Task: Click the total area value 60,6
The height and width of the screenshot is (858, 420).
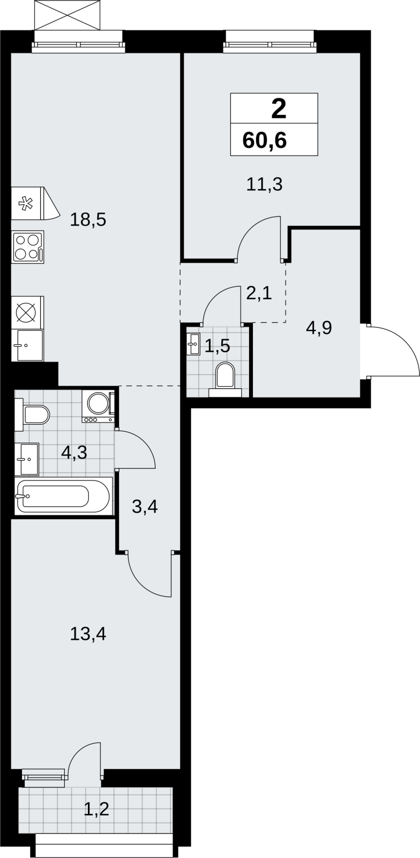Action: pyautogui.click(x=264, y=140)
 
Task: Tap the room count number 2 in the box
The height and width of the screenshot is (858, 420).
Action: pyautogui.click(x=279, y=108)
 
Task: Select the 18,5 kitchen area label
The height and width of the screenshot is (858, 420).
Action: pyautogui.click(x=88, y=220)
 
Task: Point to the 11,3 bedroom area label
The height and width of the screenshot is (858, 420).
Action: pyautogui.click(x=264, y=184)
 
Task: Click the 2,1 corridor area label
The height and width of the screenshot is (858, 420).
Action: pyautogui.click(x=259, y=294)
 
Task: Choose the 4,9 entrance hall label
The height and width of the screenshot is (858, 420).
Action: pyautogui.click(x=319, y=328)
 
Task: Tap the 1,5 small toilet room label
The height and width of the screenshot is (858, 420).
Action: pyautogui.click(x=217, y=346)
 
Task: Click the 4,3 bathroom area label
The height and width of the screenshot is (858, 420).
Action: pyautogui.click(x=74, y=453)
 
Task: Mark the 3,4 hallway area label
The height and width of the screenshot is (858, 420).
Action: pyautogui.click(x=145, y=507)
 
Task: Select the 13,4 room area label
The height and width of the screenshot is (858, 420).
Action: pyautogui.click(x=88, y=634)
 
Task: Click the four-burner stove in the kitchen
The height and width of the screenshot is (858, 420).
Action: pyautogui.click(x=27, y=247)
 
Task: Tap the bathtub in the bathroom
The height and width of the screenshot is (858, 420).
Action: pyautogui.click(x=64, y=496)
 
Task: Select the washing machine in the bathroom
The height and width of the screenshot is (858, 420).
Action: pyautogui.click(x=99, y=406)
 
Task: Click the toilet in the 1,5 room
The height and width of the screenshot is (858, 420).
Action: pyautogui.click(x=225, y=379)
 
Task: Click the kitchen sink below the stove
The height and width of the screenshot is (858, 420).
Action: pyautogui.click(x=27, y=345)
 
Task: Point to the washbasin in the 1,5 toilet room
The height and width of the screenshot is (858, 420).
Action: pyautogui.click(x=193, y=344)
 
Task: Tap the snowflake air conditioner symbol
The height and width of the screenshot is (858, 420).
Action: pyautogui.click(x=26, y=203)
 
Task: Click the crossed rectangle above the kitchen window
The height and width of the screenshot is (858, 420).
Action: pyautogui.click(x=68, y=15)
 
